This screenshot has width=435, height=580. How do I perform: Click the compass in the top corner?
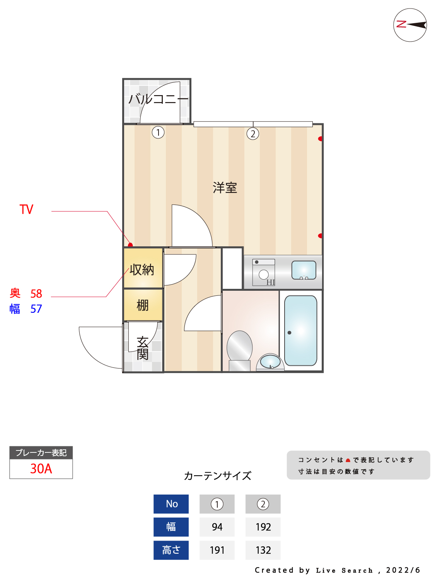coord(410,25)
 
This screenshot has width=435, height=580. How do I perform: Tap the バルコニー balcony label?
coord(158,99)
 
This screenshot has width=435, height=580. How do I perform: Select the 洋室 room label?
coord(225,188)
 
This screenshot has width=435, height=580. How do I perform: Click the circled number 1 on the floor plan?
coord(158,132)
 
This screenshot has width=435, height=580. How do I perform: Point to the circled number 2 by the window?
coord(252,134)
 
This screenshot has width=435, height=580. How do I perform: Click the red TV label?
coord(27,210)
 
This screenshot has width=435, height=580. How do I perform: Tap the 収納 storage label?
coord(142,270)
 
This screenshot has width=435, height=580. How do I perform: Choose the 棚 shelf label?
coord(143,305)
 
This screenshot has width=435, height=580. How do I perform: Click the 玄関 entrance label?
coord(142,348)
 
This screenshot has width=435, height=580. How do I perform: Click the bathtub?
coord(300,331)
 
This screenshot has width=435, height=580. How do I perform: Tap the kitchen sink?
coord(304,270)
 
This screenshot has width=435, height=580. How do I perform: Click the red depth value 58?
coord(36,294)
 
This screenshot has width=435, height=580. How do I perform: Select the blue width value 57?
coord(36,309)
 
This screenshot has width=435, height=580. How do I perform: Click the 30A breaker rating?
coord(41,469)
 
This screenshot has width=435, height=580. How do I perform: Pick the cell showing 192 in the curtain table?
coord(263,527)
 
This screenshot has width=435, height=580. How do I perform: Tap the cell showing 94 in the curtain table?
coord(217,527)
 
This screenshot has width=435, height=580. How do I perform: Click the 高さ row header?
coord(171,550)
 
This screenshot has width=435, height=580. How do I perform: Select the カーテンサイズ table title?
coord(217,476)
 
